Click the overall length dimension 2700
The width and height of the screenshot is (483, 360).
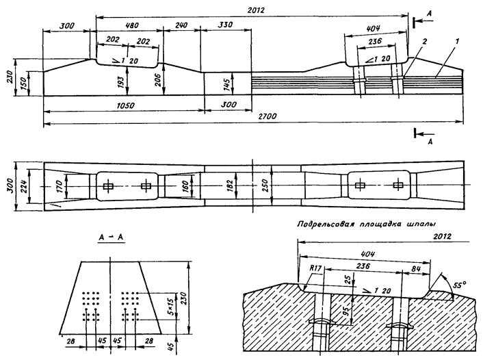[267, 116]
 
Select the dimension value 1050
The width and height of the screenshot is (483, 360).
[126, 105]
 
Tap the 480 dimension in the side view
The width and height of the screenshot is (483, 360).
[132, 25]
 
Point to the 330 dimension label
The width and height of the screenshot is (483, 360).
[225, 25]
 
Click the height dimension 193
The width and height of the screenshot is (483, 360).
[121, 82]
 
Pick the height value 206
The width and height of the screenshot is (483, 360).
[158, 80]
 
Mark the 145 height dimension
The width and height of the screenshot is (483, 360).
[226, 85]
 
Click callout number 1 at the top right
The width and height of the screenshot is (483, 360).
[457, 40]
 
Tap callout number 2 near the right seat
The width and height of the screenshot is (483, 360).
[424, 42]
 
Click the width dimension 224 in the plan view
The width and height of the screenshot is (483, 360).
[24, 186]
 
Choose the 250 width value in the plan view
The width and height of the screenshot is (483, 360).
[265, 185]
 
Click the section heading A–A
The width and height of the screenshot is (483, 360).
[111, 237]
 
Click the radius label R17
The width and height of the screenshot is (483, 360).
[315, 268]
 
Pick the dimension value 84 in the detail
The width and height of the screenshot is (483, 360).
[416, 269]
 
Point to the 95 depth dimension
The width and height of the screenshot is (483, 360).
[348, 309]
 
